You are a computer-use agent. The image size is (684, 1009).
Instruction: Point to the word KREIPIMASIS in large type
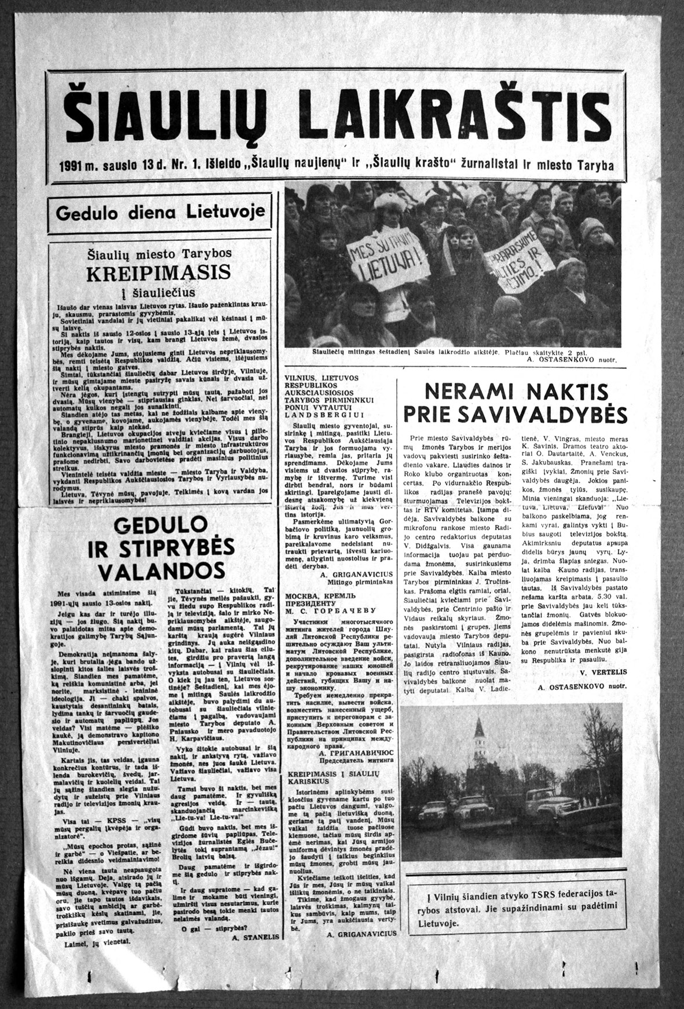[158, 272]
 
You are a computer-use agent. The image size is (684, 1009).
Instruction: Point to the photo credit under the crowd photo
[572, 360]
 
